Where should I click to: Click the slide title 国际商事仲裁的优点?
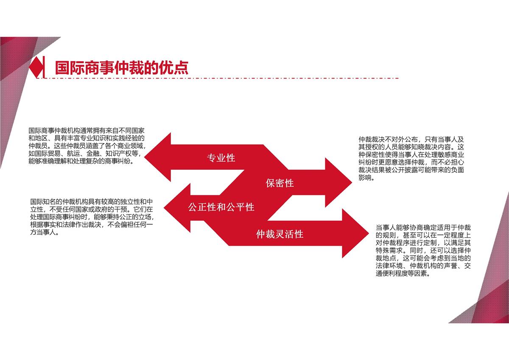pos(121,67)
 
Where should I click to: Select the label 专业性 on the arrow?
pos(221,158)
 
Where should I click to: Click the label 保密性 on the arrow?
pos(280,183)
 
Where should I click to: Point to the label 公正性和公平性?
pos(221,207)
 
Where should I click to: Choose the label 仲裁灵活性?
pos(280,234)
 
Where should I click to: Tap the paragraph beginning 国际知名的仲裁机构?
pos(92,217)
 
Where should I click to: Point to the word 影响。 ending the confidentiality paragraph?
pos(366,178)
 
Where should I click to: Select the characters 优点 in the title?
pos(176,67)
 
